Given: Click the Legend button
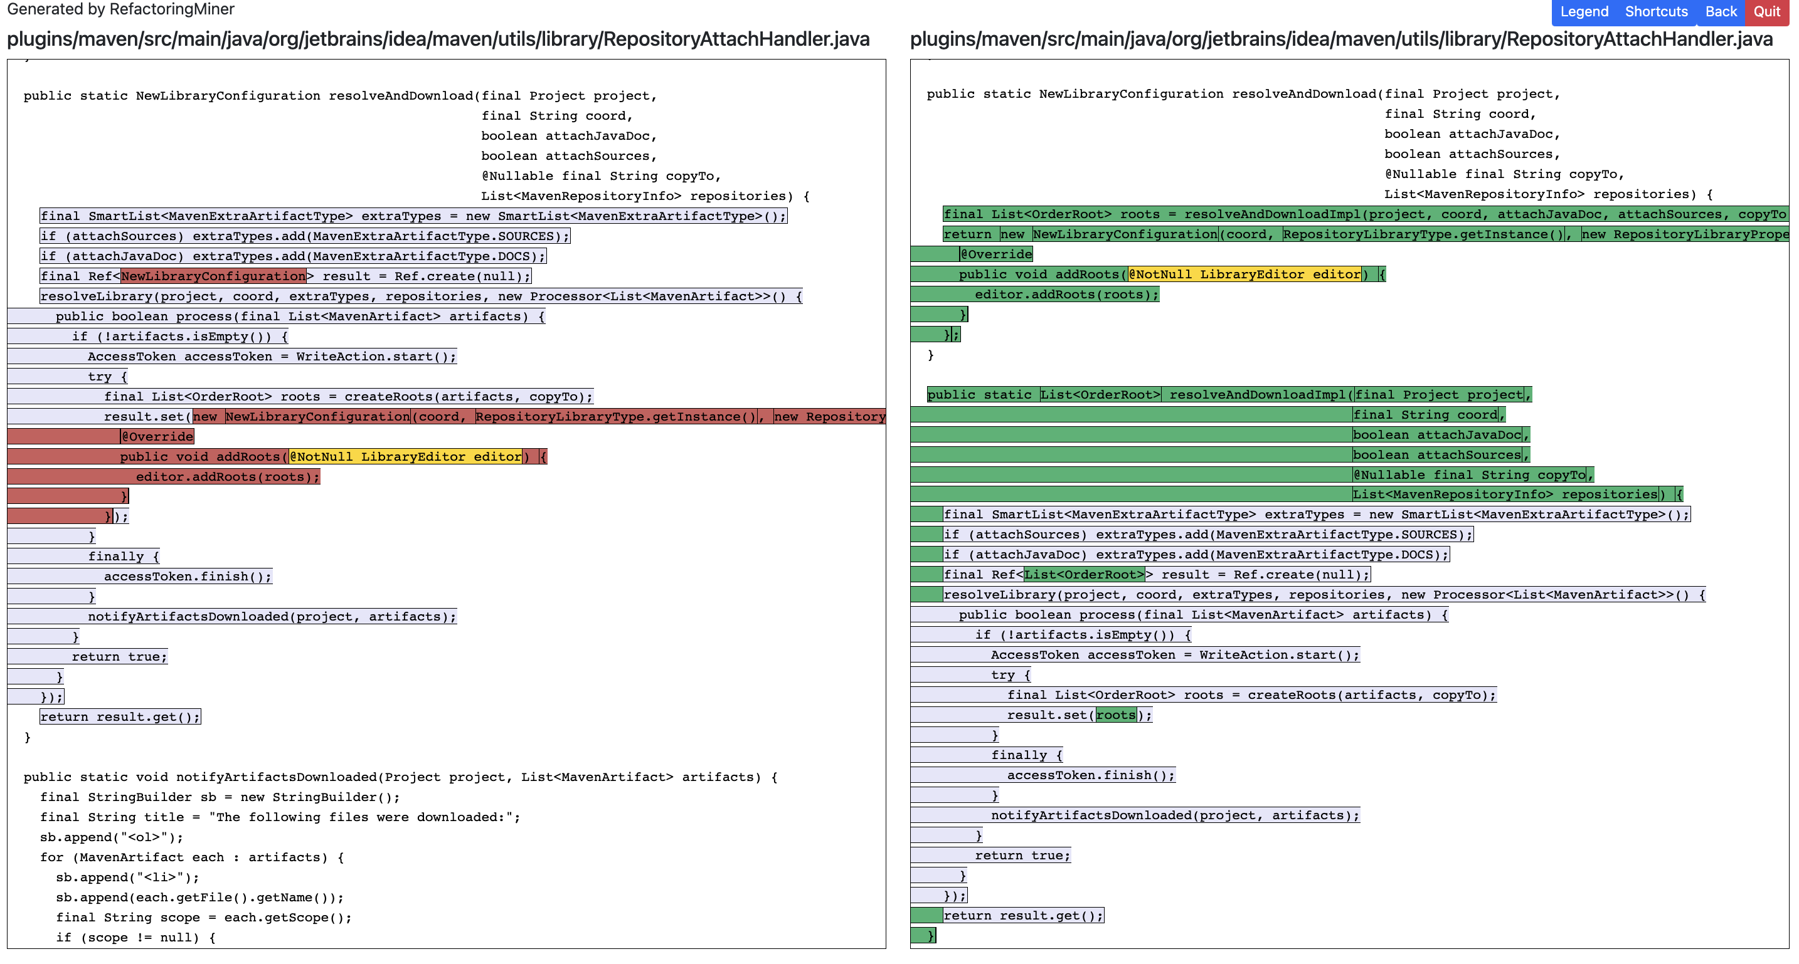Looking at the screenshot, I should pyautogui.click(x=1584, y=12).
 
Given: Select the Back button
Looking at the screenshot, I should pyautogui.click(x=1721, y=12).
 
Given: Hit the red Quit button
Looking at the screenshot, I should pyautogui.click(x=1767, y=12).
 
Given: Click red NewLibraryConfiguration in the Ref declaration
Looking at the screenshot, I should pyautogui.click(x=213, y=276).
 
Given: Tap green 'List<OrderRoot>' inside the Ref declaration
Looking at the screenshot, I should pyautogui.click(x=1084, y=575).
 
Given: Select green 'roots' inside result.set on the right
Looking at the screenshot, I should pyautogui.click(x=1116, y=715).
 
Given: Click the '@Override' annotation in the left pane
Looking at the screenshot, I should pyautogui.click(x=157, y=436).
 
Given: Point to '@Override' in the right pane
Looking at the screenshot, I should pyautogui.click(x=996, y=254).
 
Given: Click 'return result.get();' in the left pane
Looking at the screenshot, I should pyautogui.click(x=120, y=717).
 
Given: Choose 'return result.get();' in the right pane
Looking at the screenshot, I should pyautogui.click(x=1023, y=915).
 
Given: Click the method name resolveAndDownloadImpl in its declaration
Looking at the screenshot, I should pyautogui.click(x=1257, y=394).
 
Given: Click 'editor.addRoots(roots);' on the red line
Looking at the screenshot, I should pyautogui.click(x=228, y=477).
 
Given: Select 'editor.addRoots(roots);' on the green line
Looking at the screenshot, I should pyautogui.click(x=1066, y=295).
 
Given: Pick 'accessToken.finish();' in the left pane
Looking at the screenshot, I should pyautogui.click(x=187, y=577).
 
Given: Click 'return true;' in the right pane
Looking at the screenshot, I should pyautogui.click(x=1022, y=855).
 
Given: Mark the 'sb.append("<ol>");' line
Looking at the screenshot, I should pyautogui.click(x=112, y=837).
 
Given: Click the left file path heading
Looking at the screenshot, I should pyautogui.click(x=438, y=39).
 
